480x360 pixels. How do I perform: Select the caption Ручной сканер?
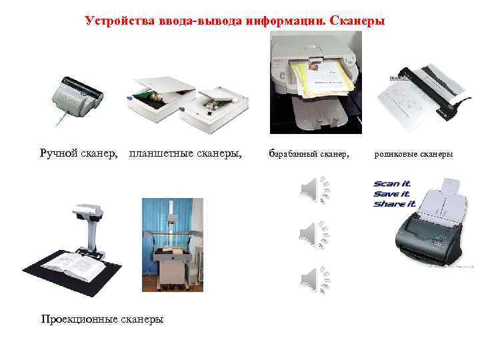tap(79, 154)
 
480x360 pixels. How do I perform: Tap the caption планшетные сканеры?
tap(185, 154)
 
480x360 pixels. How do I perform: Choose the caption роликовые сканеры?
tap(413, 155)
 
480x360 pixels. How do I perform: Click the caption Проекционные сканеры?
tap(102, 319)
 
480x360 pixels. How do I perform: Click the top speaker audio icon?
tap(314, 189)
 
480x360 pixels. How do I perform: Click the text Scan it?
tap(392, 183)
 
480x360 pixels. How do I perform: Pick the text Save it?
tap(392, 193)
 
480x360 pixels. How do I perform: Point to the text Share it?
tap(394, 203)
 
